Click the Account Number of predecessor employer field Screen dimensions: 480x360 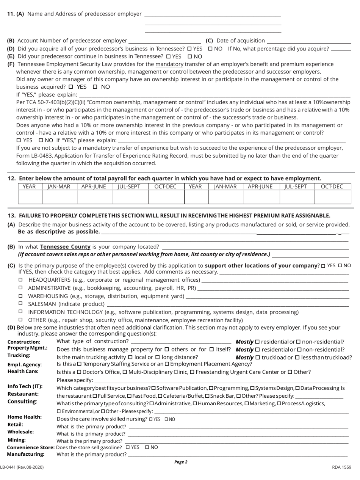pos(164,41)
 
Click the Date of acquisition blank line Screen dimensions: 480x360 pos(309,41)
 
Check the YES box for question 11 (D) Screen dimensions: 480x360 pos(189,49)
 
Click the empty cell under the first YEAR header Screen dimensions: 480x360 pos(30,197)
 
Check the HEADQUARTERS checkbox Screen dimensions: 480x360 pos(21,280)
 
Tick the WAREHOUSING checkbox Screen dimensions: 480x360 pos(21,296)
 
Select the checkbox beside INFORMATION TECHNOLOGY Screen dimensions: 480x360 pos(21,312)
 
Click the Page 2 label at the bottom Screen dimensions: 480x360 pos(181,462)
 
